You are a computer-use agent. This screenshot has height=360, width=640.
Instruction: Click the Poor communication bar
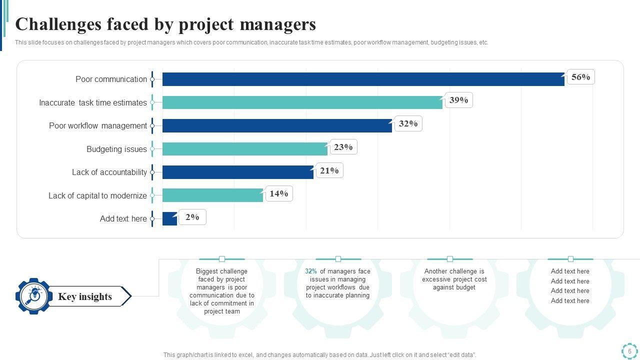coord(363,79)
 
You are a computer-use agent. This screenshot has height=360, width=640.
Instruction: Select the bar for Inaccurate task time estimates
coord(302,102)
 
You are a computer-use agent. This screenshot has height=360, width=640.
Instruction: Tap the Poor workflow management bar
coord(277,125)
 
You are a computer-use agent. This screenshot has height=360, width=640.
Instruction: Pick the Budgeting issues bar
coord(244,149)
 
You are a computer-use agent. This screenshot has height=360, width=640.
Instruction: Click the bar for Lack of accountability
coord(237,172)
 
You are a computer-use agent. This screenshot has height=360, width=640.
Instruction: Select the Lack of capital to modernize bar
coord(212,195)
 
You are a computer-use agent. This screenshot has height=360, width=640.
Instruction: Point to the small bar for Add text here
coord(169,218)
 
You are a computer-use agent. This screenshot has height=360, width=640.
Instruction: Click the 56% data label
coord(580,77)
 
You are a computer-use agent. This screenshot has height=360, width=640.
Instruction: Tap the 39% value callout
coord(458,100)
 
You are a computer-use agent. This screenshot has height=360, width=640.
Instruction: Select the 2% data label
coord(192,217)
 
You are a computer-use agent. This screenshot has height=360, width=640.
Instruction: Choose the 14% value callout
coord(279,193)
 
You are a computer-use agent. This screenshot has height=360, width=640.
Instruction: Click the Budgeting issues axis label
coord(116,149)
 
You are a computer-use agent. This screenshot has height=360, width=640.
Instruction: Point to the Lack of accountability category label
coord(109,172)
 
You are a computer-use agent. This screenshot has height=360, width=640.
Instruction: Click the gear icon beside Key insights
coord(34,296)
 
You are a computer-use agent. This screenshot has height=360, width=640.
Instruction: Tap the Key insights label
coord(85,296)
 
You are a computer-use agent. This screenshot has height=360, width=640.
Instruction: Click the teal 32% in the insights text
coord(310,271)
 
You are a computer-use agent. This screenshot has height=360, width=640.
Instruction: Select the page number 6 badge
coord(629,351)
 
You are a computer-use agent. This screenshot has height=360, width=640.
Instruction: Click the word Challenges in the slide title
coord(56,24)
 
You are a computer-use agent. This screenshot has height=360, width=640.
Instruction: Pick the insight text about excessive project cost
coord(454,279)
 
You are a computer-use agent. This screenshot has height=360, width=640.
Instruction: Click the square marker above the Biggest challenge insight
coord(222,259)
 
